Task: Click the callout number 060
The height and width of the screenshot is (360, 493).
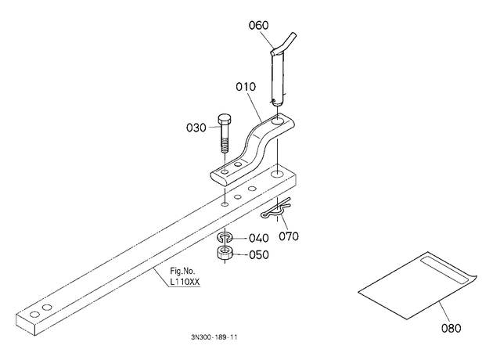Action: [x=258, y=25]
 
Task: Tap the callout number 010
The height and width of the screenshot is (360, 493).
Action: [x=246, y=86]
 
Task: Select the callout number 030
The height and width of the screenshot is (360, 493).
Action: [x=196, y=128]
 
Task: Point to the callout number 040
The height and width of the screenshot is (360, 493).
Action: [x=259, y=238]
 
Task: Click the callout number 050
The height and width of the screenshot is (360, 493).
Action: [x=259, y=254]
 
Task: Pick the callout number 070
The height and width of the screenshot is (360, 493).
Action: [x=289, y=236]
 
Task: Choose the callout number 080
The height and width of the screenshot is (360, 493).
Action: [x=452, y=328]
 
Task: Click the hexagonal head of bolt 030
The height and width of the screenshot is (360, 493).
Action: [x=225, y=120]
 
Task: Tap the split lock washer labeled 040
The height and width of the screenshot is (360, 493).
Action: [x=225, y=237]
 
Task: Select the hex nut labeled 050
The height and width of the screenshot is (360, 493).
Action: [x=225, y=253]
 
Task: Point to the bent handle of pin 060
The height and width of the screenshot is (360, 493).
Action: [x=284, y=43]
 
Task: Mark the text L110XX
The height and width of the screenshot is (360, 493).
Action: [x=185, y=282]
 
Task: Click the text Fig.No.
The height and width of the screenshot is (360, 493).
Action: [x=182, y=271]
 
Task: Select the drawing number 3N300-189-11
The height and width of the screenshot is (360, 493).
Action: [x=214, y=337]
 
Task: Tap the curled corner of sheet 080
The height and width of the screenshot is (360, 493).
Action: [x=473, y=279]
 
